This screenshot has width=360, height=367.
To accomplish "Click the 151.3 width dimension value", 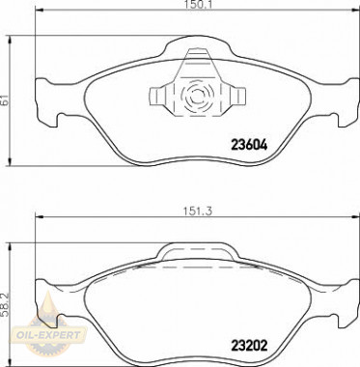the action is tap(197, 212).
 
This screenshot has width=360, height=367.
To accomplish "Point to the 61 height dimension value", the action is tap(4, 100).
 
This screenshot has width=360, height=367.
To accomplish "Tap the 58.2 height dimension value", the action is tap(4, 304).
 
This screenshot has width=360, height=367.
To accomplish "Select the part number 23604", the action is tap(249, 146).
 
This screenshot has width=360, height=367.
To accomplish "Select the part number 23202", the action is tap(249, 346).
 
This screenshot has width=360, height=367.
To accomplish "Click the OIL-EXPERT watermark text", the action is tap(48, 335).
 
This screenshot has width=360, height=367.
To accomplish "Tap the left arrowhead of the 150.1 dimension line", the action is tap(39, 12).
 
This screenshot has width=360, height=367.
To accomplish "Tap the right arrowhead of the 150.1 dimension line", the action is tap(355, 12).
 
